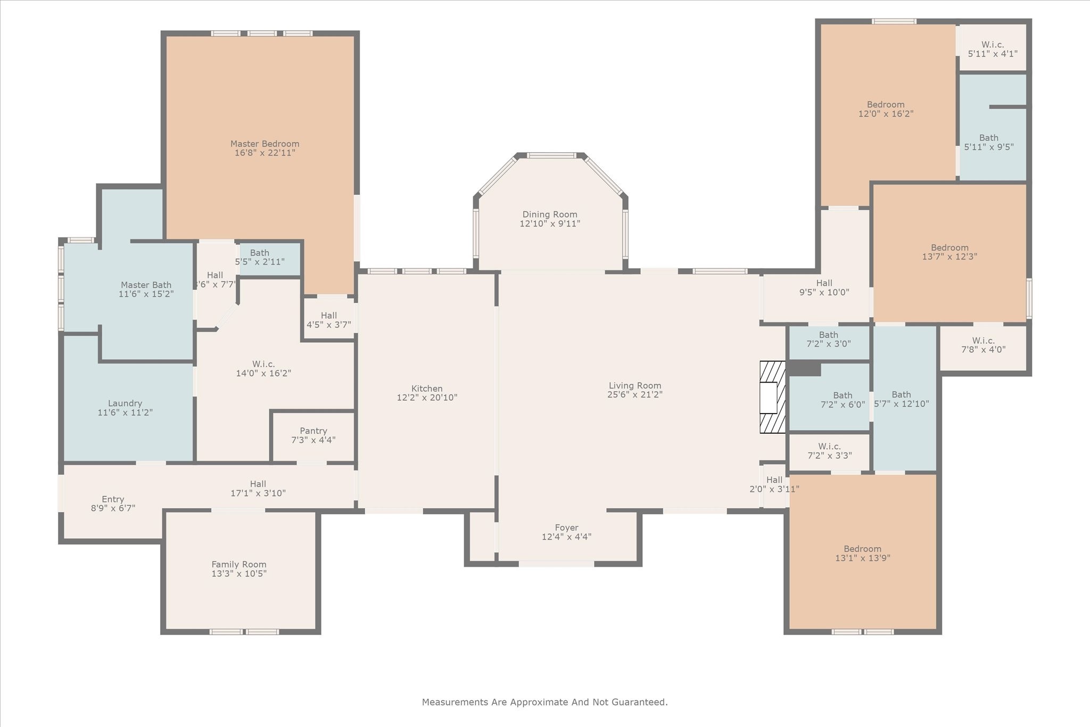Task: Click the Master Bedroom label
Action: coord(265,144)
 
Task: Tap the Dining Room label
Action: coord(550,214)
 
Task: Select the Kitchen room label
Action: coord(427,389)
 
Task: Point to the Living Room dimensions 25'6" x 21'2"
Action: coord(635,394)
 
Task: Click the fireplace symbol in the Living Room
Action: coord(772,397)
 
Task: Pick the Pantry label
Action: coord(313,431)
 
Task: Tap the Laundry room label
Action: coord(125,403)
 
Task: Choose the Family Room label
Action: coord(239,565)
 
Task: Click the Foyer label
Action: coord(566,528)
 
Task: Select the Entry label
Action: coord(113,499)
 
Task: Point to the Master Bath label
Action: coord(146,285)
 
